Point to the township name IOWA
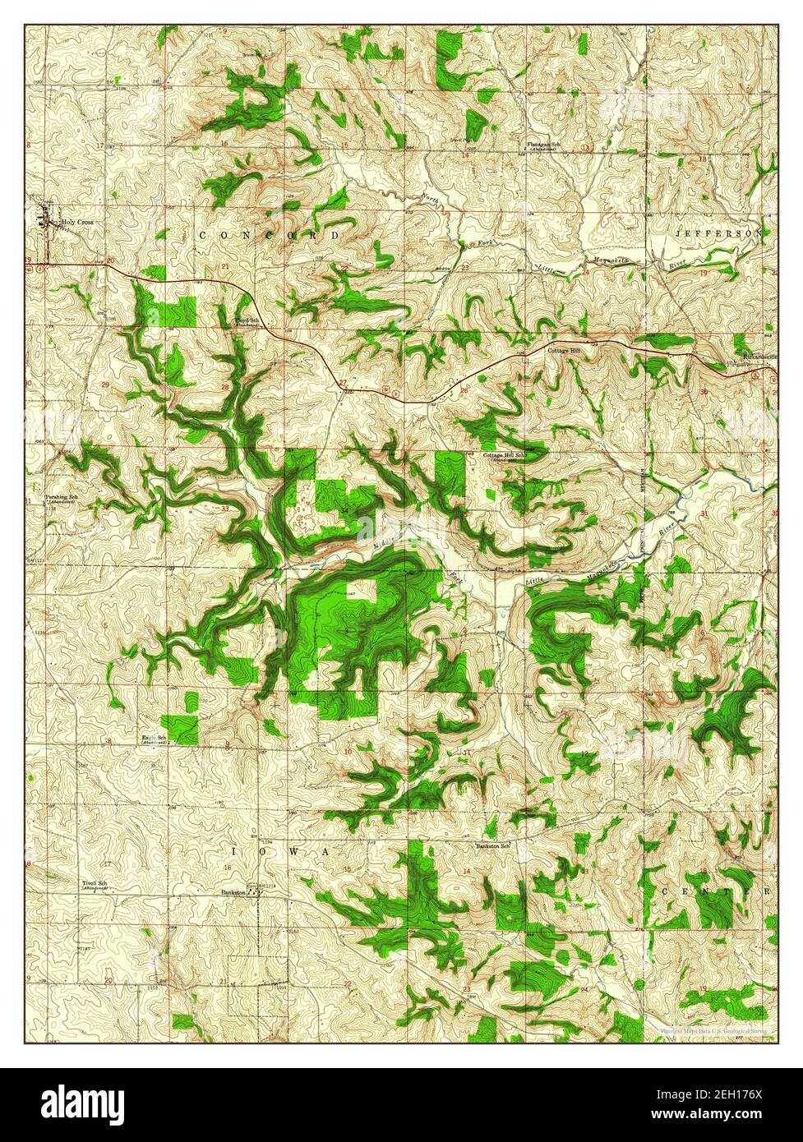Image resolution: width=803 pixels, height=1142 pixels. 279,852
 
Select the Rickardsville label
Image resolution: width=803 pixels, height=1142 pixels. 755,358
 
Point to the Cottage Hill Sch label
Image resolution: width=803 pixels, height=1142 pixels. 504,454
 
